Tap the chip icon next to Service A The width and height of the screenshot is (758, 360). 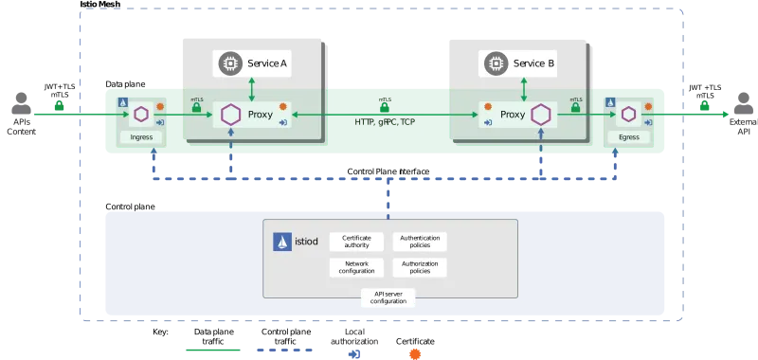[228, 63]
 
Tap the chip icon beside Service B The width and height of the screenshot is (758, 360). [494, 63]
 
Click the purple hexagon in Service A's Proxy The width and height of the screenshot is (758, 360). [229, 115]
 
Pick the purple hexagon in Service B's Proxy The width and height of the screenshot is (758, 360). [541, 115]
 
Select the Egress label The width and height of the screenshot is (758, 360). [630, 137]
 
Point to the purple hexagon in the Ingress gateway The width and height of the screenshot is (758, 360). [141, 115]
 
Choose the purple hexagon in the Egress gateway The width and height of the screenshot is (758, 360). [630, 115]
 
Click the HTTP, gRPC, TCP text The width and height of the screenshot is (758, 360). [385, 122]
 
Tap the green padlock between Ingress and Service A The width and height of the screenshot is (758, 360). [195, 108]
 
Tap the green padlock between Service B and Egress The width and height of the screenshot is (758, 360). [576, 108]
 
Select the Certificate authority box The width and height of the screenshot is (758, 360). [356, 243]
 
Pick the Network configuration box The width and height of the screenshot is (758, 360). [356, 266]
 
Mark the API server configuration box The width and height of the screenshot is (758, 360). [388, 297]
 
